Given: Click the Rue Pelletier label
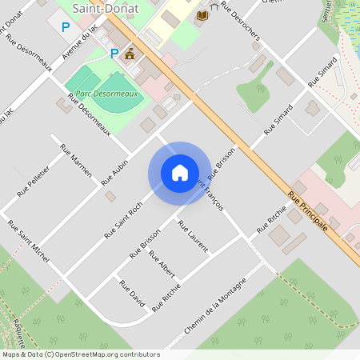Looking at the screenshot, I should (34, 181).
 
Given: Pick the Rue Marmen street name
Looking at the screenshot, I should (77, 161).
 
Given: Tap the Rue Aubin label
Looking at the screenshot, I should (115, 172).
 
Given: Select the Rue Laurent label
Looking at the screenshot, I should (193, 236).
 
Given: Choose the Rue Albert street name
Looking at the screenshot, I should (162, 265).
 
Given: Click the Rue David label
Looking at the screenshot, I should (132, 294).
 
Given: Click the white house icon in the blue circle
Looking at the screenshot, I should (179, 173).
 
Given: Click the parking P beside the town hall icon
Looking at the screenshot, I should (114, 54).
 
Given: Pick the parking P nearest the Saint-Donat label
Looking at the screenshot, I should (66, 27).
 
